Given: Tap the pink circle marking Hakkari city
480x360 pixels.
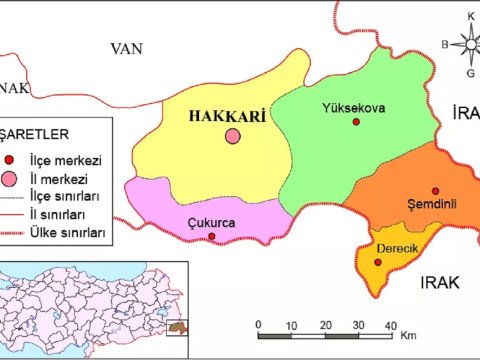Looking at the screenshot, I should [232, 136].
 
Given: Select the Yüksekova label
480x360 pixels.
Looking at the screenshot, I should [354, 108].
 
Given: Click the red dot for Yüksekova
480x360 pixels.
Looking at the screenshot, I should [356, 122].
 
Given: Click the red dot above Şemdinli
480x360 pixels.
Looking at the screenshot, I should [435, 190].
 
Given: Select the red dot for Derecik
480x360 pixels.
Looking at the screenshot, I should [378, 262].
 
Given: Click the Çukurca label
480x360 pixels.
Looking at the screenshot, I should [211, 223].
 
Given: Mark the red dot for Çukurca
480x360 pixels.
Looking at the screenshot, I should [211, 237].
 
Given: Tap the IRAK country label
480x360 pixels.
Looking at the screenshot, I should [439, 283].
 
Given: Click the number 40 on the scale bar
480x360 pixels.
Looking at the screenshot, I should [390, 326].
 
